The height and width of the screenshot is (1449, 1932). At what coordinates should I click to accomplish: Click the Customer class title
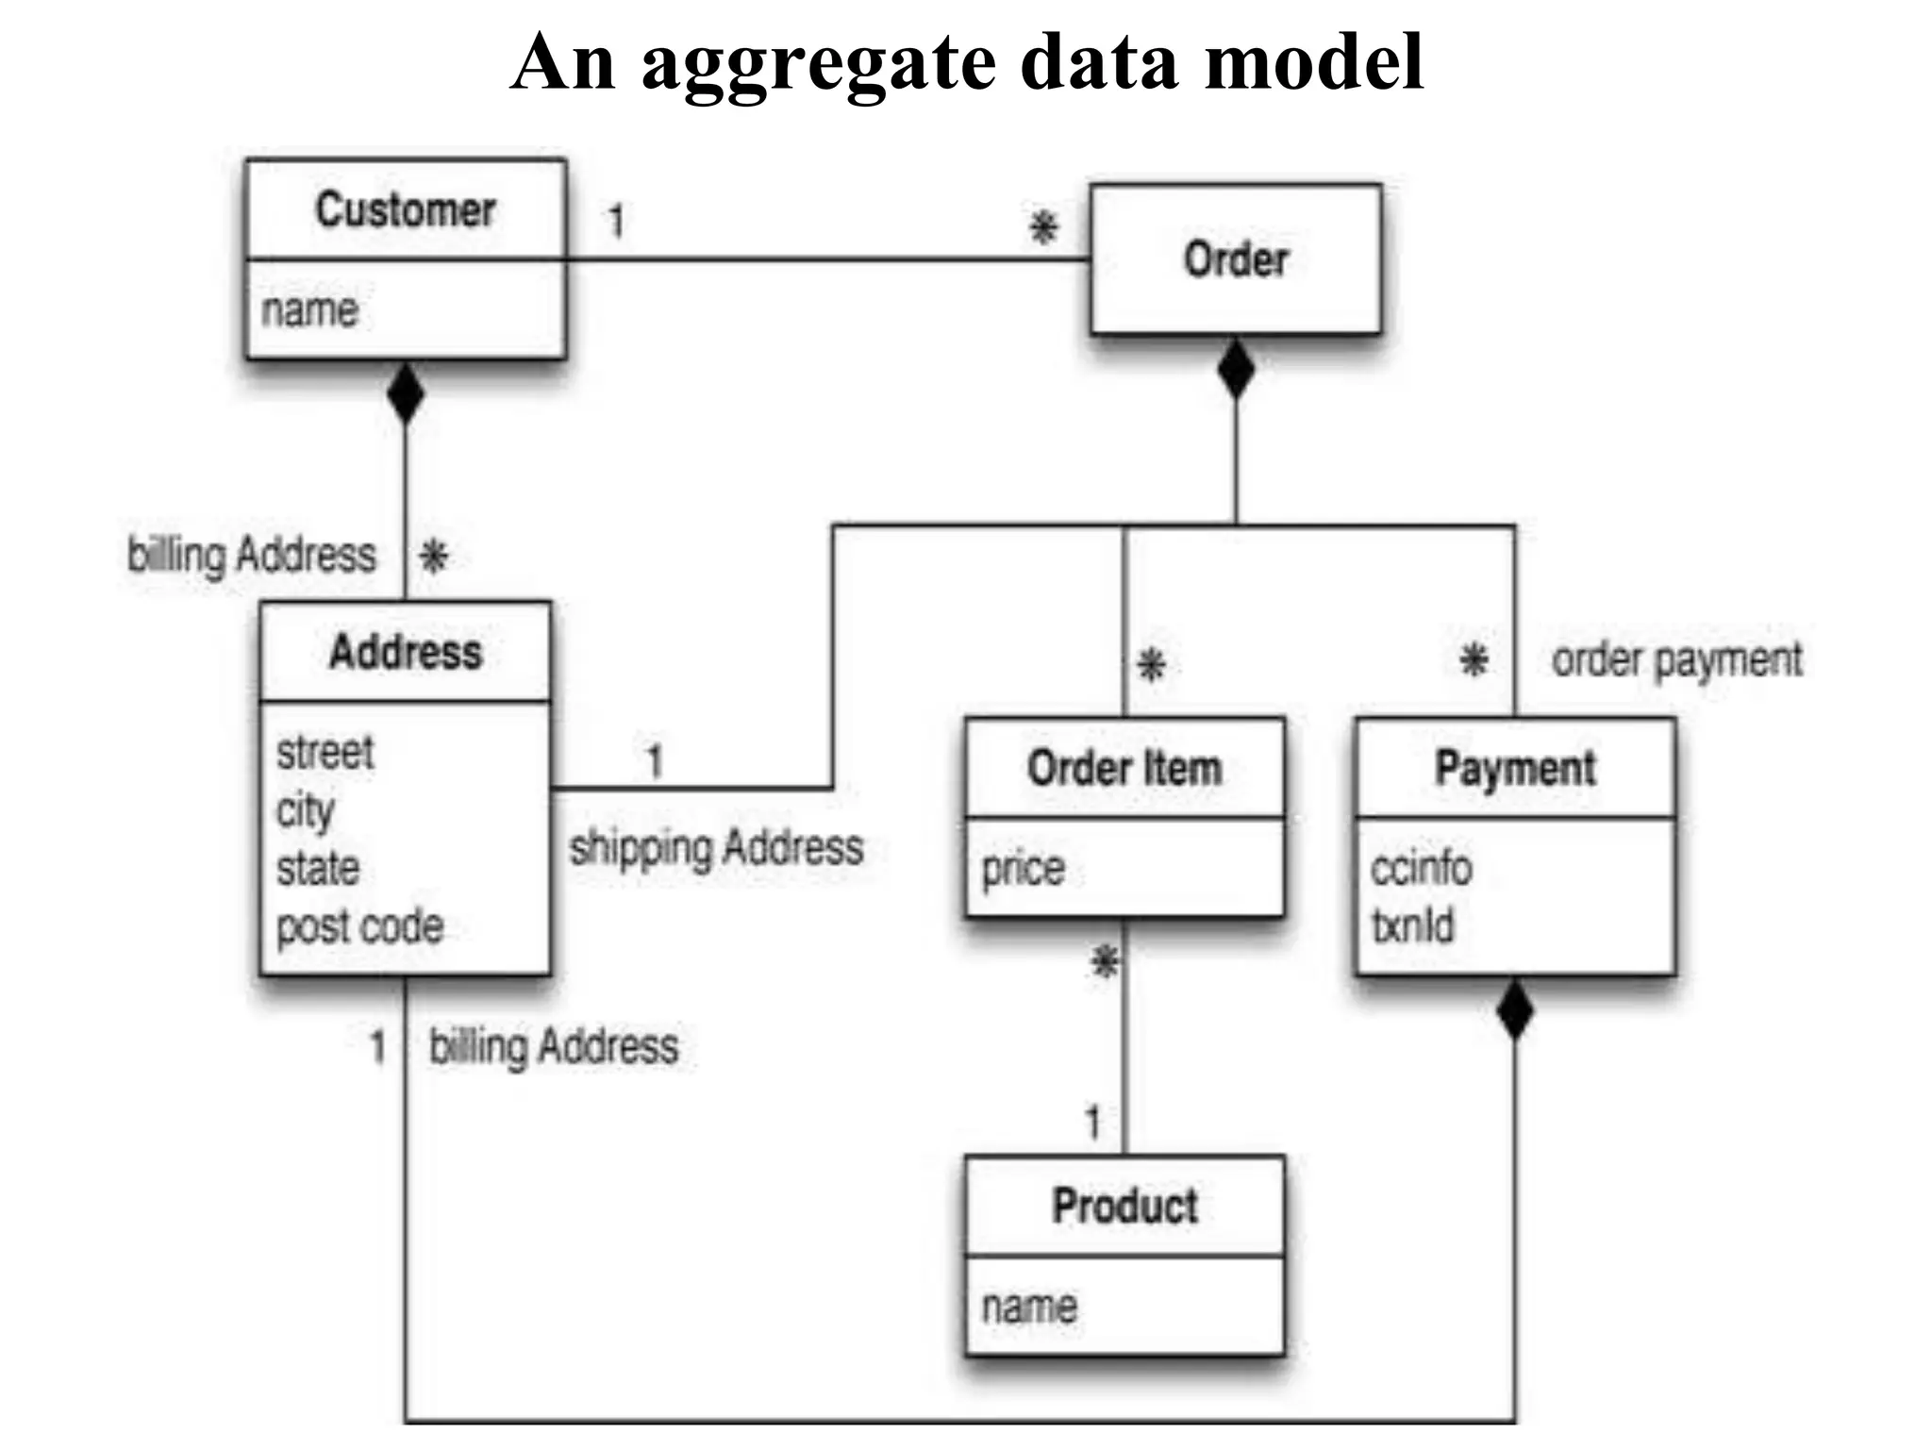pos(406,209)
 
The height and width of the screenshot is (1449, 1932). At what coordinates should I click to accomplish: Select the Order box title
pos(1236,259)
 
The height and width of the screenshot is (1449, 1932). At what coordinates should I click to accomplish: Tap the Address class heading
pos(406,652)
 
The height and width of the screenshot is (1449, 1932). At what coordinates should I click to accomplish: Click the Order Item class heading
pos(1124,768)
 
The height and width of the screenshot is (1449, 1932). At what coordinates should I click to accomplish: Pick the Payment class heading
pos(1515,768)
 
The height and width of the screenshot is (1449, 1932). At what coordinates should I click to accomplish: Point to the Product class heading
pos(1124,1206)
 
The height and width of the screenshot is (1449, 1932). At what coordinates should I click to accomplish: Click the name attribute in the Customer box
pos(309,310)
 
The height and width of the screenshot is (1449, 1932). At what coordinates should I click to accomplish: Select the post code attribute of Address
pos(359,926)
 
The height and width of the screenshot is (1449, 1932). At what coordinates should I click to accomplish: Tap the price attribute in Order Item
pos(1023,868)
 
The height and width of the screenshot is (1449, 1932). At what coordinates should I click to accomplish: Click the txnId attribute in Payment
pos(1412,925)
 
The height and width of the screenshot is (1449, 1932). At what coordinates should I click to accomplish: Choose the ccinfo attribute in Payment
pos(1421,868)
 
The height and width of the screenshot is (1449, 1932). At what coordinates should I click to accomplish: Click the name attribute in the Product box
pos(1028,1307)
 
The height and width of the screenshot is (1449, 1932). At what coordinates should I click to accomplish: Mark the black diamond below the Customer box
pos(406,392)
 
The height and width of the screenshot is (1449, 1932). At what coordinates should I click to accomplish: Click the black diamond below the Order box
pos(1236,369)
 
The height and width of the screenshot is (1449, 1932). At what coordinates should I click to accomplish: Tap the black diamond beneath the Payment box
pos(1515,1009)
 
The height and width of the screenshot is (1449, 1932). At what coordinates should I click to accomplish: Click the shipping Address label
pos(716,847)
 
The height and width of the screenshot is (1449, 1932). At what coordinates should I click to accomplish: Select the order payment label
pos(1676,659)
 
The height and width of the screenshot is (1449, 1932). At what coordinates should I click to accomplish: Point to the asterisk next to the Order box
pos(1043,227)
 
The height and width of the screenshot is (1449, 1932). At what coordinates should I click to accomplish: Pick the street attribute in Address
pos(325,753)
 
